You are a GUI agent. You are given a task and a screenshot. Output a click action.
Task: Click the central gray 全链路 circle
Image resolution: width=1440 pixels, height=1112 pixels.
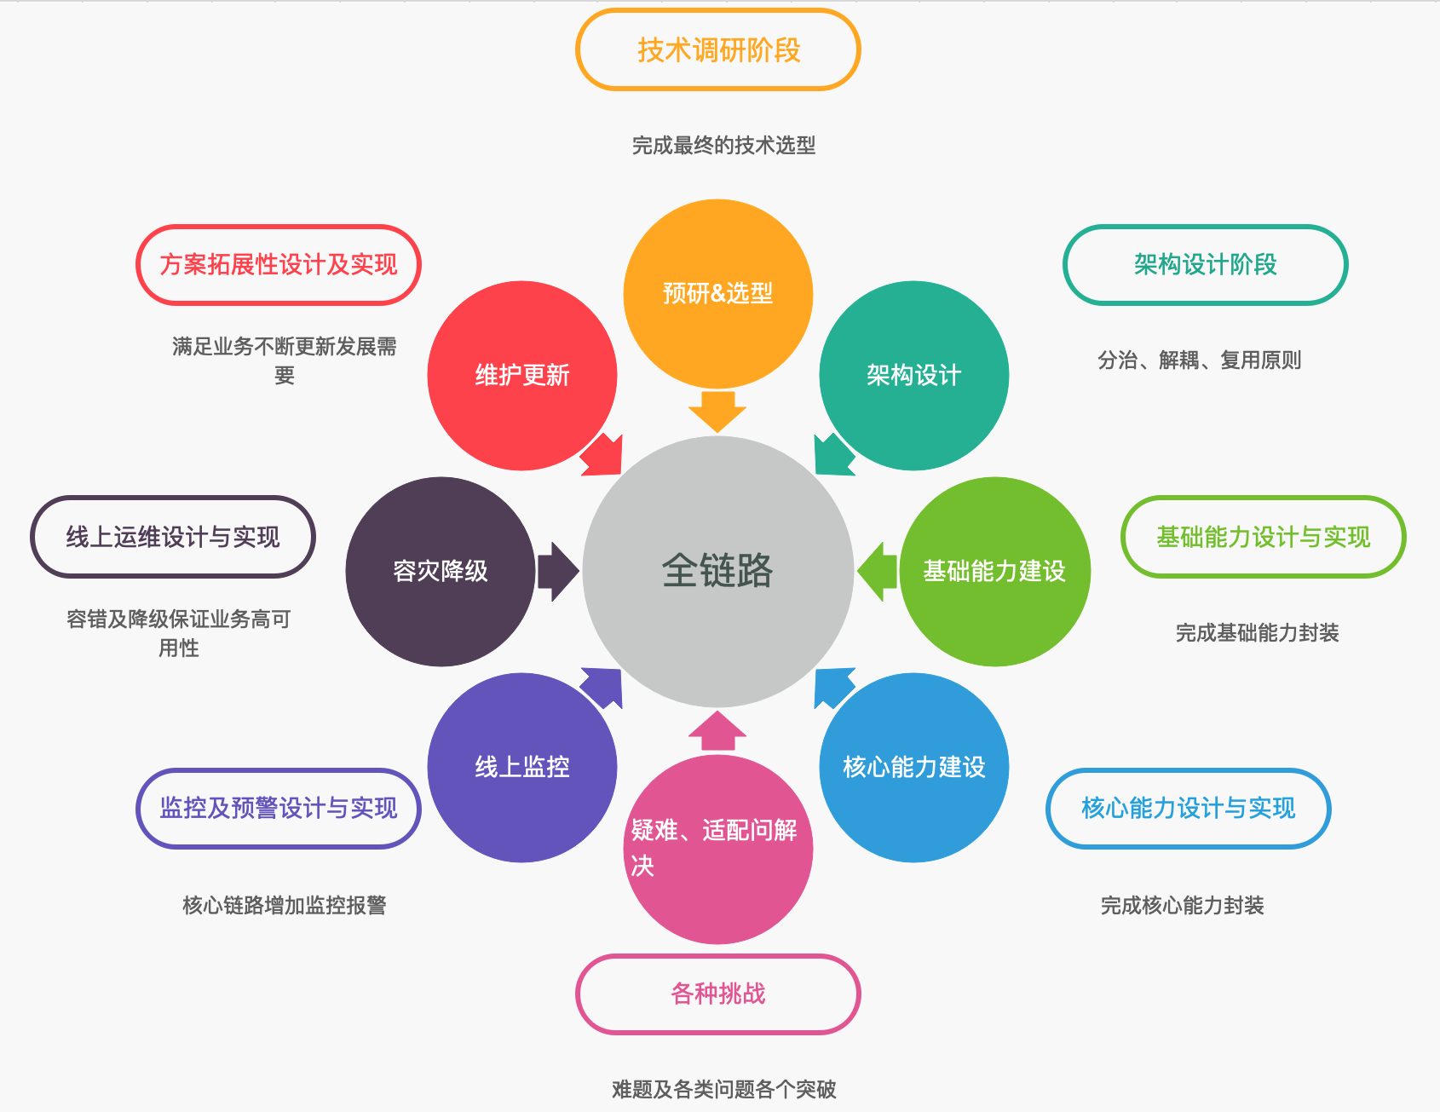(717, 571)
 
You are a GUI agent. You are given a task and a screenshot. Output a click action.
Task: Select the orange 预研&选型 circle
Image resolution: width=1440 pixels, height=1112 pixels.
(717, 293)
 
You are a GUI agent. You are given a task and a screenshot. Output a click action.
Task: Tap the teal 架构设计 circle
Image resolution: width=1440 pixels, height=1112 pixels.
(913, 375)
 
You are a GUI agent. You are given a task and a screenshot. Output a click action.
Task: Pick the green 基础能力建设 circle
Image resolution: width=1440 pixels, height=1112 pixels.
(994, 571)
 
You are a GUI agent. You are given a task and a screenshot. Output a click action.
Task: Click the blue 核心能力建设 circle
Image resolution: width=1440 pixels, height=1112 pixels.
(913, 767)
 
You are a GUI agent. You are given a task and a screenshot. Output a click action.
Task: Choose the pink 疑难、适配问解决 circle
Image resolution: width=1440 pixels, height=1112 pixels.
(717, 849)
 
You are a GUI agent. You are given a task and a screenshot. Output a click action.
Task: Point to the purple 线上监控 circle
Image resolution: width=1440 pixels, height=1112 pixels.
(521, 767)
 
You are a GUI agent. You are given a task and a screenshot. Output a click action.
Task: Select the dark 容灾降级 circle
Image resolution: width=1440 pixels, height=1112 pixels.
(441, 571)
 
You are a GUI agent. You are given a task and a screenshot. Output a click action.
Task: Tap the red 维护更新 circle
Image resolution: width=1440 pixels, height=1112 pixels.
(521, 375)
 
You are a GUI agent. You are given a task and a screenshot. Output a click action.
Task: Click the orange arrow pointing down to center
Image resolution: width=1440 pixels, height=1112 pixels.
(717, 411)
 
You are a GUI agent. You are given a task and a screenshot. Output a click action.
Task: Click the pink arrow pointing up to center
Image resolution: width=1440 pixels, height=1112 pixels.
(717, 731)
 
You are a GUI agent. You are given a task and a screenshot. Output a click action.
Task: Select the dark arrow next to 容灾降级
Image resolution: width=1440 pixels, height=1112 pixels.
(557, 571)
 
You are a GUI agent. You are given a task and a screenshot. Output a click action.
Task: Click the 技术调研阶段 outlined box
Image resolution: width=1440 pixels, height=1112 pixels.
(718, 49)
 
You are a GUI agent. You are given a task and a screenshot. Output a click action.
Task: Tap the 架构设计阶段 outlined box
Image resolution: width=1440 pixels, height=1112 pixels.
(1205, 264)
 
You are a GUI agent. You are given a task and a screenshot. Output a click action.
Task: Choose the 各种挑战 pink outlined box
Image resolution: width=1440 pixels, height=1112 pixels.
(718, 994)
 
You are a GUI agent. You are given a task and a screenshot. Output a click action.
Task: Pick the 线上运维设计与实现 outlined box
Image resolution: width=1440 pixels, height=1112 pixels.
(173, 537)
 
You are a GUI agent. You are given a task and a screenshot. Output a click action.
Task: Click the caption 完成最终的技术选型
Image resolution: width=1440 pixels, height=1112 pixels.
(723, 145)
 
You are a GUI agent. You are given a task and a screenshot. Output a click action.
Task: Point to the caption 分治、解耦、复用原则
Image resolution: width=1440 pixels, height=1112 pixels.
(1199, 360)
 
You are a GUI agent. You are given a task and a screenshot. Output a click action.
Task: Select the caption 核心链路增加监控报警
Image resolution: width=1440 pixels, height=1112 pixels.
(285, 905)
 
